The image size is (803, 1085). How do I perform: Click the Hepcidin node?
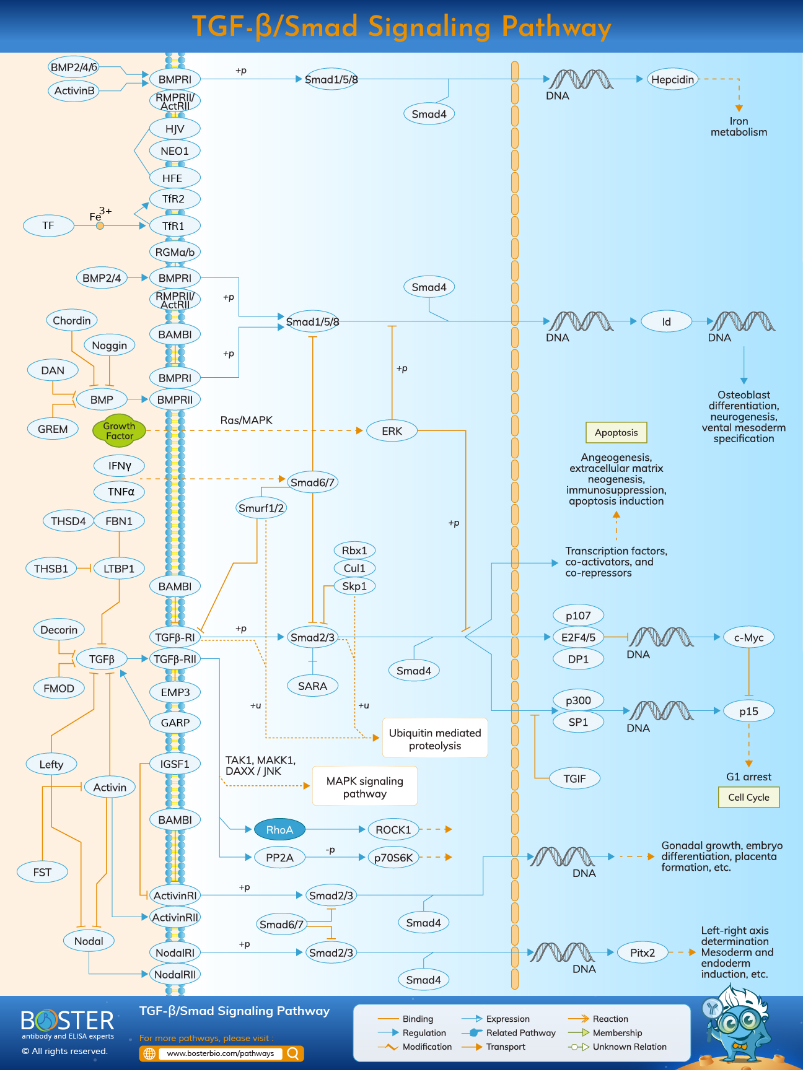(x=672, y=79)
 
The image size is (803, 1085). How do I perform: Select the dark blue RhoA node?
(x=279, y=829)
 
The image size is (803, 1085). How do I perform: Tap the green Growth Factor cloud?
(x=119, y=430)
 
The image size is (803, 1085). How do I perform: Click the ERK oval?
(x=392, y=430)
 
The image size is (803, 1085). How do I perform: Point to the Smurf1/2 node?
(x=261, y=508)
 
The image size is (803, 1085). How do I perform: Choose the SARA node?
(x=312, y=686)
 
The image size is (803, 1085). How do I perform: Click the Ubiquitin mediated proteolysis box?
(x=435, y=738)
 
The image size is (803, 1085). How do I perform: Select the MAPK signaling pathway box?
(x=364, y=787)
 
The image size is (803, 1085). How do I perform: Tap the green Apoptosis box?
(x=616, y=432)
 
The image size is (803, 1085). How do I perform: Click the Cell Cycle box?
(x=748, y=797)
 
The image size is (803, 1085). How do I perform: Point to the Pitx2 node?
(x=643, y=952)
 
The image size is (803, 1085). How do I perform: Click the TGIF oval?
(x=574, y=778)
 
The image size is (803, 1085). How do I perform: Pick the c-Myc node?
(x=748, y=637)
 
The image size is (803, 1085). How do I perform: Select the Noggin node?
(x=109, y=345)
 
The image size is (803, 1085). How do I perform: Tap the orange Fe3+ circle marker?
(x=100, y=226)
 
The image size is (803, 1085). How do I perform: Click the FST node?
(x=42, y=872)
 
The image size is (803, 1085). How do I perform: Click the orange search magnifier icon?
(x=293, y=1053)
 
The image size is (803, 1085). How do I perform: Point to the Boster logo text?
(x=67, y=1020)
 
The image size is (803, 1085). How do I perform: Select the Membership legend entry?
(x=617, y=1032)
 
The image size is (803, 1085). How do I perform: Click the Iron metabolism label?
(x=739, y=126)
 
